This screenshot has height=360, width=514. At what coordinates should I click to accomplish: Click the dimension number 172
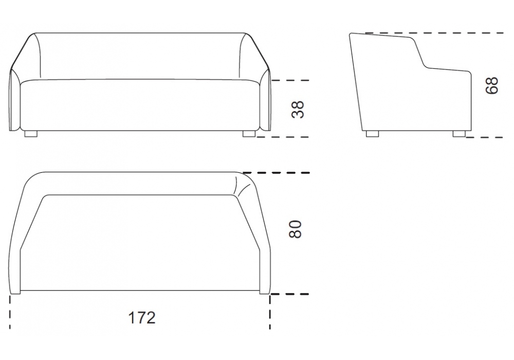[x=142, y=318]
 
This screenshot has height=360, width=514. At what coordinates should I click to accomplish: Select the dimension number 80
[x=296, y=229]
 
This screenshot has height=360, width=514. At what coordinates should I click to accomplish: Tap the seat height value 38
[x=298, y=109]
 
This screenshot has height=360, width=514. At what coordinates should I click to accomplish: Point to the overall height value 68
[x=491, y=86]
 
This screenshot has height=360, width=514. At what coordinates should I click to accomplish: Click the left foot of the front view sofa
[x=31, y=134]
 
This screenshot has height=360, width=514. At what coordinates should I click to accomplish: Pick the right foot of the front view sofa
[x=249, y=134]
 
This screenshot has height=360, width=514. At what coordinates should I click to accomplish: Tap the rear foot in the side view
[x=372, y=134]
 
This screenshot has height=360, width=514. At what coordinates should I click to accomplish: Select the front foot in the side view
[x=459, y=134]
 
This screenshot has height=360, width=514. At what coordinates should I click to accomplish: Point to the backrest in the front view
[x=141, y=56]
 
